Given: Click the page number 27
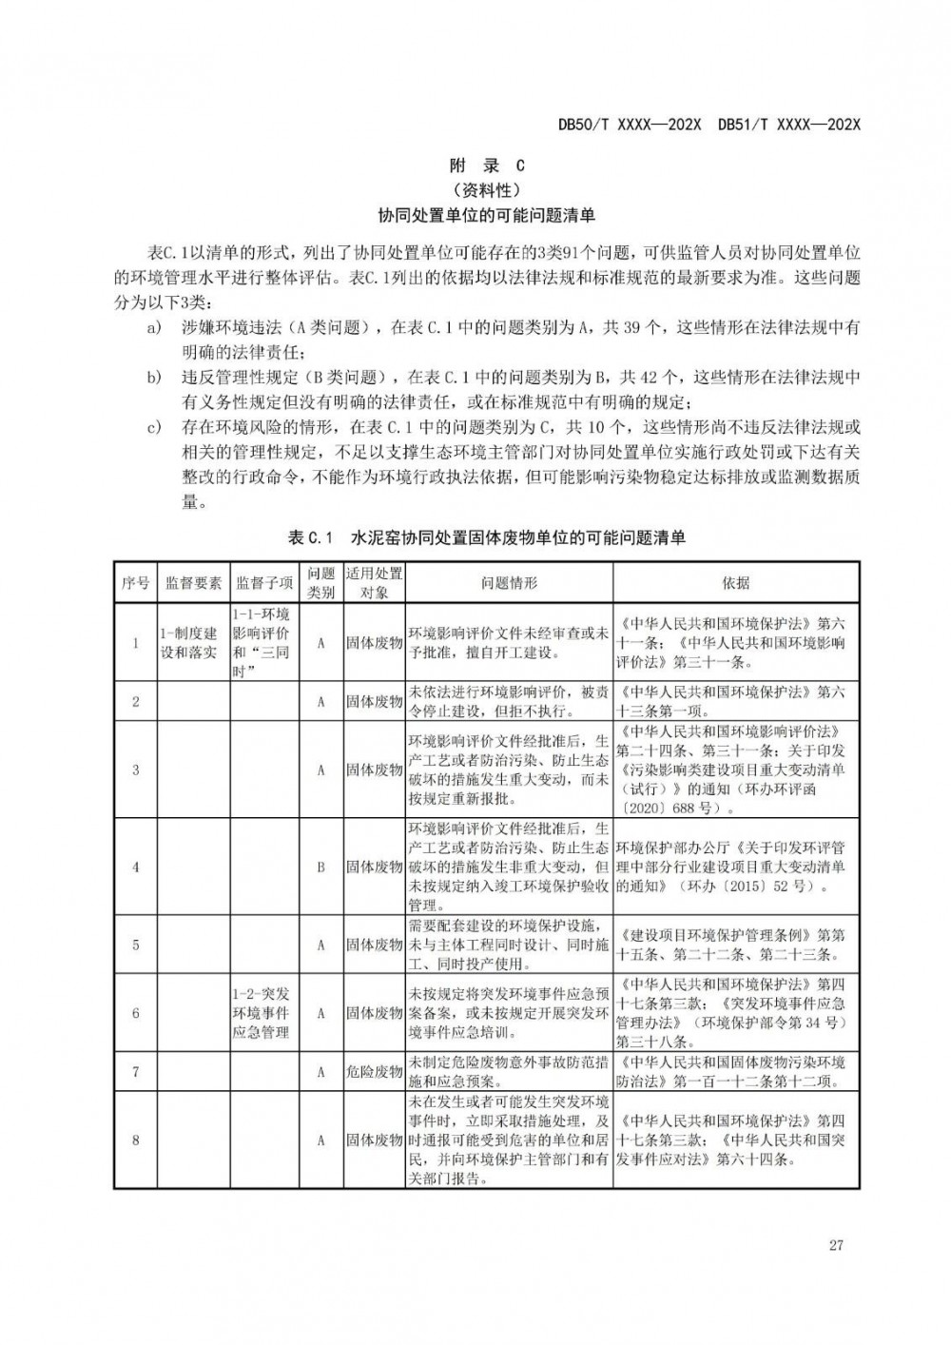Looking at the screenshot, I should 836,1246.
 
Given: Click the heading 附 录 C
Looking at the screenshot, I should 486,165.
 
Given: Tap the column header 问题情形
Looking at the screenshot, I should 509,583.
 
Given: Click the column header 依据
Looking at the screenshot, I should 735,583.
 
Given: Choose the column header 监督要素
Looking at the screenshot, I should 193,583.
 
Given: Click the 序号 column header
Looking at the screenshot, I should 135,583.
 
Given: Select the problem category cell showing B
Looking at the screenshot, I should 321,867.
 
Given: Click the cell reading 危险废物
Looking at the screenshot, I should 374,1072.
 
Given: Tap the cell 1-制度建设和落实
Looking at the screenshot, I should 190,643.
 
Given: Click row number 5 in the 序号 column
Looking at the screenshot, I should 135,945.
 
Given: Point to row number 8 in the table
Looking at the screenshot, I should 135,1140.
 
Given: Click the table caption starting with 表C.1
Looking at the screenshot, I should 486,538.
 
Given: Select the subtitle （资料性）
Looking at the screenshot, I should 486,189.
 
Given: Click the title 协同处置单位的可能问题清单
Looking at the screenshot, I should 486,216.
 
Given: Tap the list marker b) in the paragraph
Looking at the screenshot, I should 153,378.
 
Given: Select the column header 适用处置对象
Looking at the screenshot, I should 374,583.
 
